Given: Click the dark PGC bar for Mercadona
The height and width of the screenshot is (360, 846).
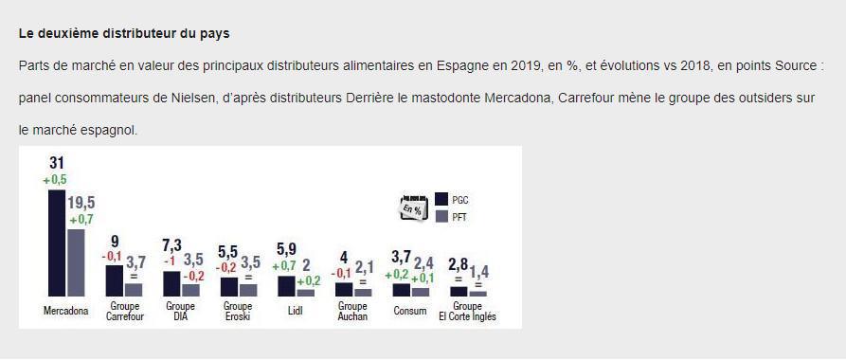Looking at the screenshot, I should pos(57,243).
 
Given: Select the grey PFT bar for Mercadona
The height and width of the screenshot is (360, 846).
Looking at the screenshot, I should pos(76,262).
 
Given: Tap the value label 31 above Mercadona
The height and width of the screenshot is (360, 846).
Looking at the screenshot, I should pos(57,164).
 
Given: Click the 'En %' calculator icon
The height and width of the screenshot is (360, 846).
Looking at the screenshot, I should pos(412,207).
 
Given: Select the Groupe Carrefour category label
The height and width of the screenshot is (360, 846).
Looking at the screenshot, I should pos(124,312).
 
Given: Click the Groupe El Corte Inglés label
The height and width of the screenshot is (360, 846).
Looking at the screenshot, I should pos(467,312).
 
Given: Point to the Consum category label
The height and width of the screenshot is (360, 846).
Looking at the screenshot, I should pos(408,311).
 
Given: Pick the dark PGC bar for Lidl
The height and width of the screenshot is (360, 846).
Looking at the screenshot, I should pos(286,285).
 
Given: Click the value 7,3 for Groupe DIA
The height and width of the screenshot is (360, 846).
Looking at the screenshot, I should pos(172,245).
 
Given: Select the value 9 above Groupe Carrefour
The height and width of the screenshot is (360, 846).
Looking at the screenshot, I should pos(115,241).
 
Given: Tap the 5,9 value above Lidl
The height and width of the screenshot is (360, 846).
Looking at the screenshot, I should pos(286,249).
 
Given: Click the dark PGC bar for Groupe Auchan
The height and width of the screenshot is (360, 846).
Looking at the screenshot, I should pos(344,289).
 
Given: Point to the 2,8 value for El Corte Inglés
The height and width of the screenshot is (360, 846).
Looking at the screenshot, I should pos(459,263).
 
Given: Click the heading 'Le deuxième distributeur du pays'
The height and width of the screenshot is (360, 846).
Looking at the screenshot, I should pos(123,33).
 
